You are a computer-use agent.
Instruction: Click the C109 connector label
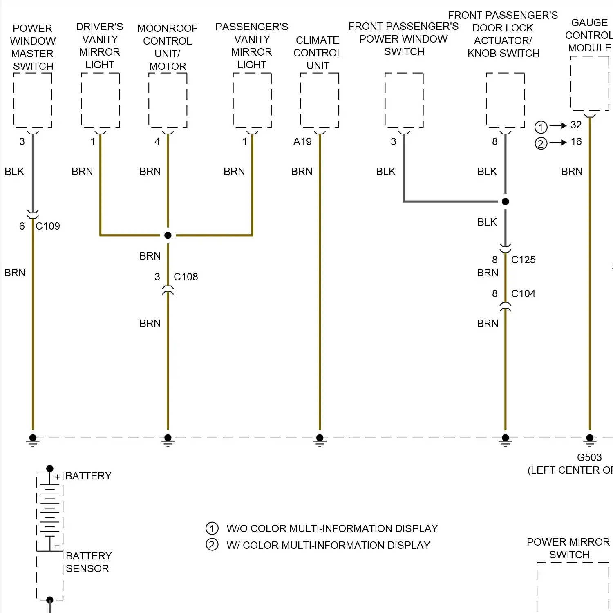click(48, 226)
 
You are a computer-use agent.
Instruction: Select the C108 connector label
click(186, 277)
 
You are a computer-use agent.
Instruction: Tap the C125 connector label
click(523, 260)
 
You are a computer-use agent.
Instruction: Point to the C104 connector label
click(523, 293)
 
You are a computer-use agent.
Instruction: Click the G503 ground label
click(589, 457)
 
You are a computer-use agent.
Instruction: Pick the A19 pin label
click(302, 141)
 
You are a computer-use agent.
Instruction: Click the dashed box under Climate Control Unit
click(320, 100)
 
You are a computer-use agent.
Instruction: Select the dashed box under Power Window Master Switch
click(33, 100)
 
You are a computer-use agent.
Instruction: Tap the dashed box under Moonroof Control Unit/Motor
click(168, 100)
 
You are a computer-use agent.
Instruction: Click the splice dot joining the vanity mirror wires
click(168, 235)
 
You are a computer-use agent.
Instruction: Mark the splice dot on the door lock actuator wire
click(505, 201)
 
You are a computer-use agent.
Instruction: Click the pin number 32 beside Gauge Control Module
click(576, 125)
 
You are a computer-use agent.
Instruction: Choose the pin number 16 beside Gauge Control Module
click(576, 141)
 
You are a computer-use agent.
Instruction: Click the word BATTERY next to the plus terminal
click(88, 476)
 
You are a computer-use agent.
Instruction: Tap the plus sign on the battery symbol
click(58, 477)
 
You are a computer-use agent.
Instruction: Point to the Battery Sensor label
click(88, 562)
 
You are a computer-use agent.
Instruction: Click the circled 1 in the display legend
click(212, 528)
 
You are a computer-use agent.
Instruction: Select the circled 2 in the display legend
click(212, 545)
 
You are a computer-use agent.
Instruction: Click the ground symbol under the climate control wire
click(320, 440)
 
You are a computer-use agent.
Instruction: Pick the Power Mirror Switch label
click(568, 548)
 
